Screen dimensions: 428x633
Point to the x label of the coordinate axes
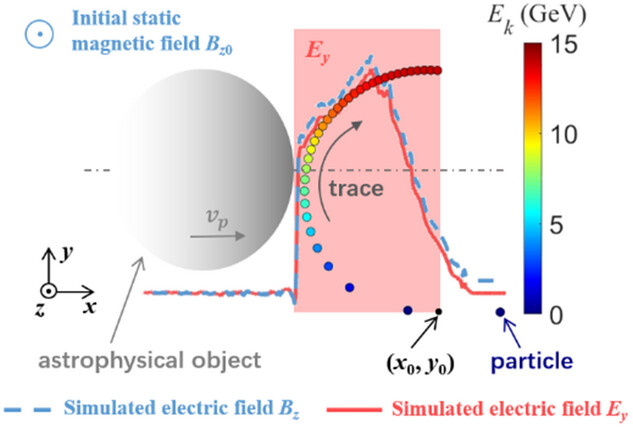[89, 307]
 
